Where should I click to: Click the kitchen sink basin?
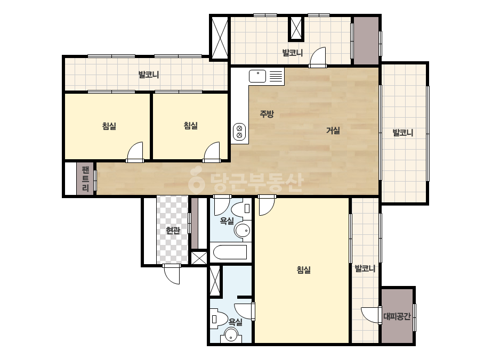click(257, 76)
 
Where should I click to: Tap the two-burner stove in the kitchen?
click(239, 132)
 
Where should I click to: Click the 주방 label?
click(267, 114)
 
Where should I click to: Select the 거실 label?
click(333, 130)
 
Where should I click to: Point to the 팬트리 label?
click(85, 179)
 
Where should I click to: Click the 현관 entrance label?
click(173, 231)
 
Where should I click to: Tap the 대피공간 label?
click(397, 316)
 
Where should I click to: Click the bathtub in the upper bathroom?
click(230, 252)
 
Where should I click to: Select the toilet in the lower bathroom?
click(219, 319)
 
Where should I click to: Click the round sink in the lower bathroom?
click(231, 336)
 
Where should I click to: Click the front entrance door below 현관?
click(172, 274)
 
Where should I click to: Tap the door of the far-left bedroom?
click(135, 152)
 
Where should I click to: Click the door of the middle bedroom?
click(212, 152)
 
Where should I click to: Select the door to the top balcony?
click(318, 58)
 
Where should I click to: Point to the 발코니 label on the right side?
click(403, 133)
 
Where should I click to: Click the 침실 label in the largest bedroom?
click(304, 269)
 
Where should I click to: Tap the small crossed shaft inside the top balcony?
click(296, 28)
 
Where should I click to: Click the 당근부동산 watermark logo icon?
click(197, 180)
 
